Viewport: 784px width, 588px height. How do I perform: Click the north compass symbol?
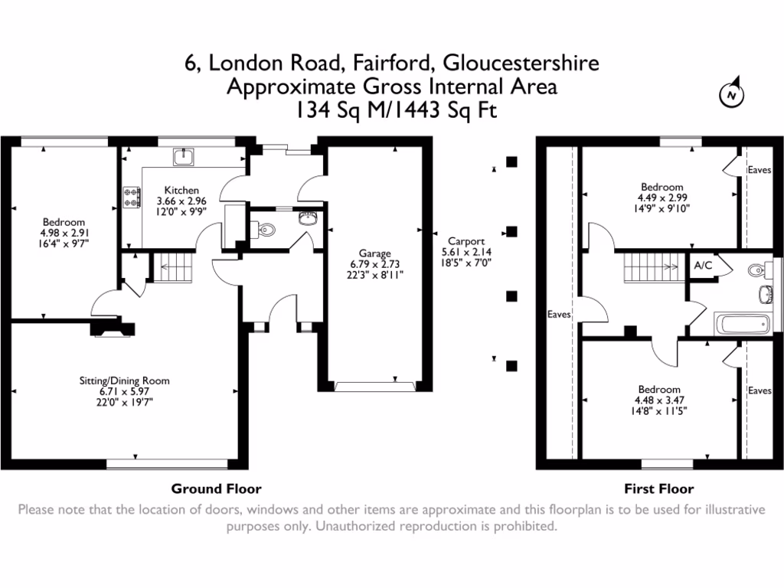tap(733, 94)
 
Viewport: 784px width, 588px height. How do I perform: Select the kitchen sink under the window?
tap(184, 157)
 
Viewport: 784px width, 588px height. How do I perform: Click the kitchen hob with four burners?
tap(129, 198)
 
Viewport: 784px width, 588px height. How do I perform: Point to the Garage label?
tap(375, 253)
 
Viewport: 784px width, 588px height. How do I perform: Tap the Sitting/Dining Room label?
tap(125, 381)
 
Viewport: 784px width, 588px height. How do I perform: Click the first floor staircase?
tap(650, 268)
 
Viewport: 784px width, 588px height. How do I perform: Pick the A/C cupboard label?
tap(702, 266)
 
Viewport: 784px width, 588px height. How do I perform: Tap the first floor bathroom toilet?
tap(758, 269)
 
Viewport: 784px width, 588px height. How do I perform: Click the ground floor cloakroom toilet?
tap(265, 228)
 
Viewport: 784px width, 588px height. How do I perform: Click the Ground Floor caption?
tap(216, 488)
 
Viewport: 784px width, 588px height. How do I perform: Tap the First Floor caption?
tap(659, 488)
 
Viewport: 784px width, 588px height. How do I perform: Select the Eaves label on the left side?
tap(560, 314)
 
